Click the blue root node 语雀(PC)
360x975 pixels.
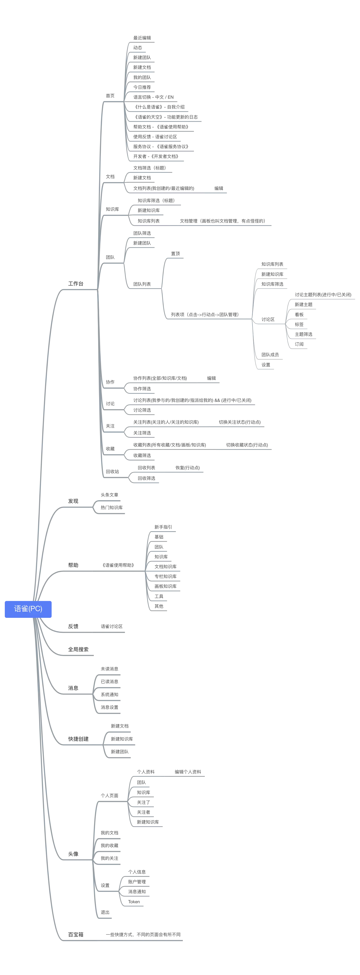pyautogui.click(x=28, y=609)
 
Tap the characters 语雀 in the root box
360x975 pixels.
pyautogui.click(x=21, y=609)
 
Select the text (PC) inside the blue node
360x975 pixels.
pyautogui.click(x=35, y=609)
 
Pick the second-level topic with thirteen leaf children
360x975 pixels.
pyautogui.click(x=110, y=95)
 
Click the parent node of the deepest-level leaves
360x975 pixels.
pyautogui.click(x=268, y=319)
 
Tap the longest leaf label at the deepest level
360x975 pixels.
pyautogui.click(x=322, y=295)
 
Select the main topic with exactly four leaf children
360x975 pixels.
pyautogui.click(x=73, y=688)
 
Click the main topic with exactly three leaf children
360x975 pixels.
pyautogui.click(x=78, y=738)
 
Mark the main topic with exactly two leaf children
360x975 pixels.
pyautogui.click(x=73, y=501)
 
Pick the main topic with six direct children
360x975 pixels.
pyautogui.click(x=73, y=854)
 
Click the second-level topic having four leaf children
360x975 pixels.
pyautogui.click(x=104, y=886)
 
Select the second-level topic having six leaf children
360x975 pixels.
pyautogui.click(x=109, y=796)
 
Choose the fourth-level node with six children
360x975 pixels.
pyautogui.click(x=205, y=314)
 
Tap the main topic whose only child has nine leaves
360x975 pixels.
pyautogui.click(x=73, y=566)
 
